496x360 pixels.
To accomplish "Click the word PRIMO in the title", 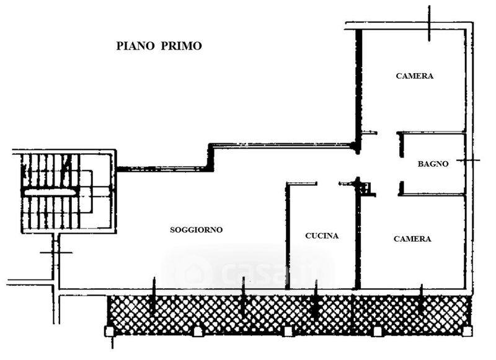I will click(182, 46).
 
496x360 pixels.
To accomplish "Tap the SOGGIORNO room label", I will click(196, 230).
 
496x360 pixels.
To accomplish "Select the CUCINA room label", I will click(322, 236).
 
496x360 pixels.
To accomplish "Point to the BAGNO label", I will click(433, 164).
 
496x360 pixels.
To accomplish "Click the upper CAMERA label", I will click(414, 76).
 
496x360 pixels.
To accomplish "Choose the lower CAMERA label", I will click(412, 239).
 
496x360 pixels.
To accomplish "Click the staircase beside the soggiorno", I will click(53, 191).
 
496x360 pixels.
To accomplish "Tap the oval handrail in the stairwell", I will click(49, 193).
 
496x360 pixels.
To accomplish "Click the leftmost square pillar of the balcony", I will click(110, 331).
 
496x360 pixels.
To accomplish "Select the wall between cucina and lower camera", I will click(358, 242).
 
